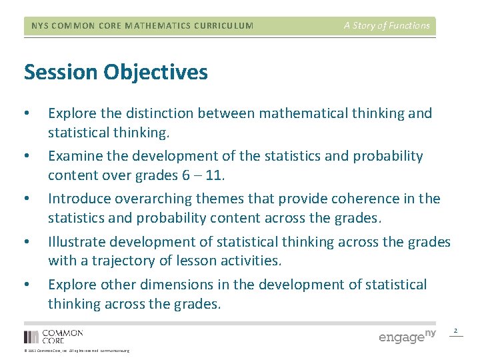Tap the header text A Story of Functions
[x=387, y=26]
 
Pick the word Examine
[x=74, y=156]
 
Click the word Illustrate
[x=77, y=241]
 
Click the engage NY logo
[x=407, y=336]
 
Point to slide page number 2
[x=456, y=331]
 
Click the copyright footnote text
[x=77, y=351]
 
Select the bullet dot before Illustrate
[x=26, y=241]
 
